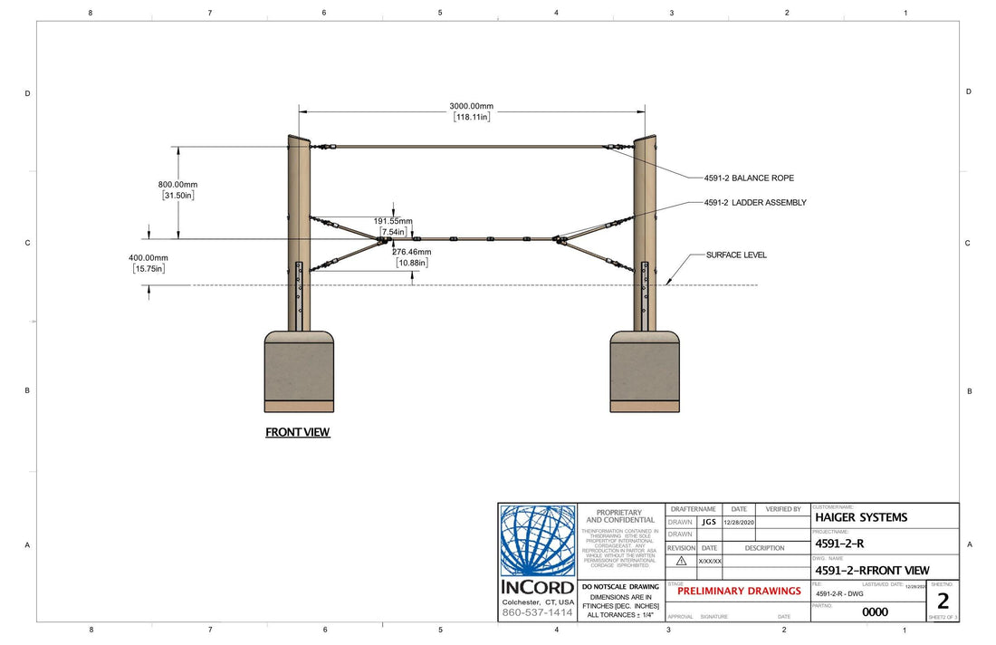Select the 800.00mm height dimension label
[x=177, y=185]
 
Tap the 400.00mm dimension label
[x=148, y=258]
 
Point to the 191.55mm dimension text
[x=393, y=221]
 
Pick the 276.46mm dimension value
[x=412, y=252]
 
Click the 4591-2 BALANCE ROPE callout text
[x=749, y=178]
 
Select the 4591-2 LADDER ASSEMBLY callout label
[x=755, y=203]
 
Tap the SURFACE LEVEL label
[x=736, y=255]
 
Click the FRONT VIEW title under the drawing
[x=297, y=432]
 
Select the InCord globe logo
[x=538, y=541]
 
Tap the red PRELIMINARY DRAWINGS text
[x=739, y=591]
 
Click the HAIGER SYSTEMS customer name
[x=861, y=517]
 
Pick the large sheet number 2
[x=943, y=601]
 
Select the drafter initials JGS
[x=708, y=522]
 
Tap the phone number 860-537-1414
[x=538, y=613]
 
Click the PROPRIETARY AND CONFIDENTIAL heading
[x=620, y=516]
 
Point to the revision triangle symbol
[x=681, y=561]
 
